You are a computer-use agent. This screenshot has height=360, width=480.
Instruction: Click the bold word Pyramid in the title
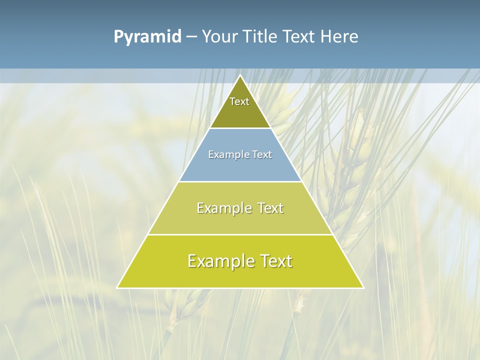147,37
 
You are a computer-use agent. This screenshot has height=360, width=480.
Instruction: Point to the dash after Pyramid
191,37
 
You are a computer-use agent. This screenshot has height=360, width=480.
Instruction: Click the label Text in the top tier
239,101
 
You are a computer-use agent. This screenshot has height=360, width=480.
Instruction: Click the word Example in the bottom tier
218,261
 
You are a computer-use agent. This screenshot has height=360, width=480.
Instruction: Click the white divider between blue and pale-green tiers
240,181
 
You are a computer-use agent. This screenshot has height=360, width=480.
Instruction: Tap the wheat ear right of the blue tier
350,165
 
